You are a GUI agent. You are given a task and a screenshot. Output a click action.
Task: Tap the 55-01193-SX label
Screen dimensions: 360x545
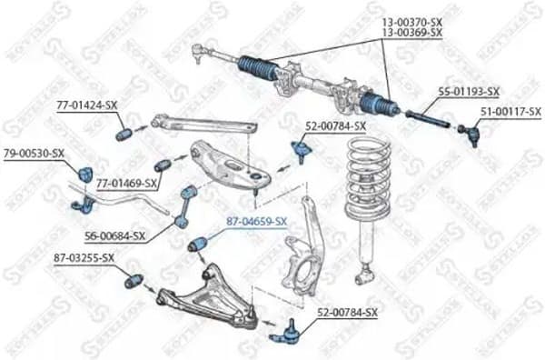pyautogui.click(x=468, y=92)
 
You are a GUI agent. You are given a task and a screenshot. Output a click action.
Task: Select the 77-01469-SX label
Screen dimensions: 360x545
pyautogui.click(x=127, y=184)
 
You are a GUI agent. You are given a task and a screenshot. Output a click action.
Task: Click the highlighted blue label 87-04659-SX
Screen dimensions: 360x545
pyautogui.click(x=256, y=221)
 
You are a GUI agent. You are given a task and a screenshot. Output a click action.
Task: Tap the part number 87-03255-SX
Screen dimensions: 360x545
pyautogui.click(x=84, y=257)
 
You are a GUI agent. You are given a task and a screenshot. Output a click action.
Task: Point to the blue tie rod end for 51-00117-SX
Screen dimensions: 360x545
pyautogui.click(x=471, y=135)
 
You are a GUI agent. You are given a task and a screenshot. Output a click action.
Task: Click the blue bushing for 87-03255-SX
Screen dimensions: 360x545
pyautogui.click(x=132, y=279)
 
